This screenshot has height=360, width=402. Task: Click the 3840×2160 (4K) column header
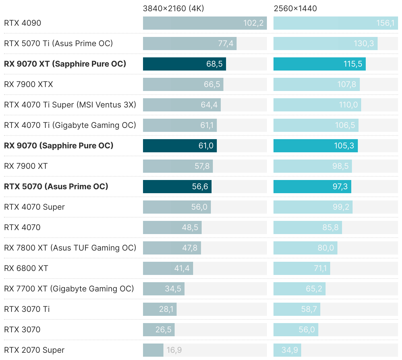[x=173, y=9]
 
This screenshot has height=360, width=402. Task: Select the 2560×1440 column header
[x=295, y=9]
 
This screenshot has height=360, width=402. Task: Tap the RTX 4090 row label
[x=23, y=23]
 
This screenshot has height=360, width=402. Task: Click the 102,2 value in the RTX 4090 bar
[x=253, y=23]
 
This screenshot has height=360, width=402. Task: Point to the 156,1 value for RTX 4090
[x=385, y=23]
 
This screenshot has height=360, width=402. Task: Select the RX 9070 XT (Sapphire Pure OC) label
[x=65, y=64]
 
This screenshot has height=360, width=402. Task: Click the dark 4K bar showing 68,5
[x=184, y=64]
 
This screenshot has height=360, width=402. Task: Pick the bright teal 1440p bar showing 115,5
[x=319, y=64]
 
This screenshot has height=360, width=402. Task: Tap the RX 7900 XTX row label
[x=29, y=84]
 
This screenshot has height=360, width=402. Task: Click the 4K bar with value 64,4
[x=182, y=105]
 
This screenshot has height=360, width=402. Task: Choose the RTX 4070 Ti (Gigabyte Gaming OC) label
[x=70, y=125]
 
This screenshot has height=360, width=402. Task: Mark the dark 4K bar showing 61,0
[x=180, y=146]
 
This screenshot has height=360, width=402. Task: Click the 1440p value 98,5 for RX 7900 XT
[x=340, y=166]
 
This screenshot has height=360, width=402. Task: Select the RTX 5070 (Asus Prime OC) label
[x=56, y=187]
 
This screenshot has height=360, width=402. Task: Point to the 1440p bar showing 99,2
[x=313, y=207]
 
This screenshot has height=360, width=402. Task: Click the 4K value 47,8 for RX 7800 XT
[x=190, y=248]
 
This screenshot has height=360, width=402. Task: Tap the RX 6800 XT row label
[x=26, y=268]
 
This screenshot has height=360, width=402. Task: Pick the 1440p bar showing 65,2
[x=299, y=289]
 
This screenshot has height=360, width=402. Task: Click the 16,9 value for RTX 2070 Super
[x=174, y=350]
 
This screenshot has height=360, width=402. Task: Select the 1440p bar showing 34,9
[x=287, y=350]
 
